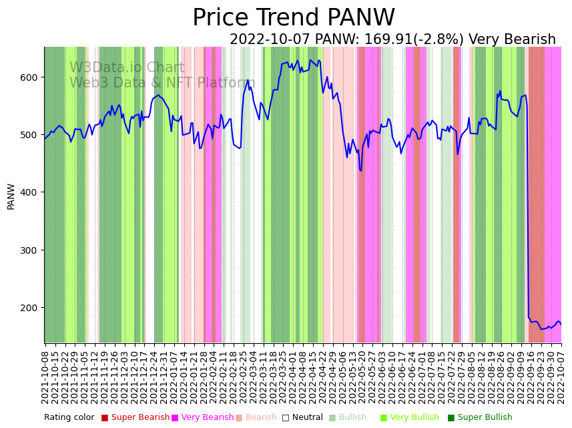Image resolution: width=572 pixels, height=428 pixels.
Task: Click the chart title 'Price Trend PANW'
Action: pyautogui.click(x=294, y=18)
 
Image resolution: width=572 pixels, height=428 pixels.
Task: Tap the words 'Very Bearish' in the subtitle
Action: pyautogui.click(x=512, y=40)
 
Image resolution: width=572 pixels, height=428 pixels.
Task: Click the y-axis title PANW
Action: pyautogui.click(x=11, y=196)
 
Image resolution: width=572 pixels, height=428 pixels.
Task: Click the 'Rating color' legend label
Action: pyautogui.click(x=69, y=418)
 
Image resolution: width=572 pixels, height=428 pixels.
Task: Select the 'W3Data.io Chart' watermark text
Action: pyautogui.click(x=127, y=68)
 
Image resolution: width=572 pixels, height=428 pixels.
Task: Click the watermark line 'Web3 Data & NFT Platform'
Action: pyautogui.click(x=162, y=83)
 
